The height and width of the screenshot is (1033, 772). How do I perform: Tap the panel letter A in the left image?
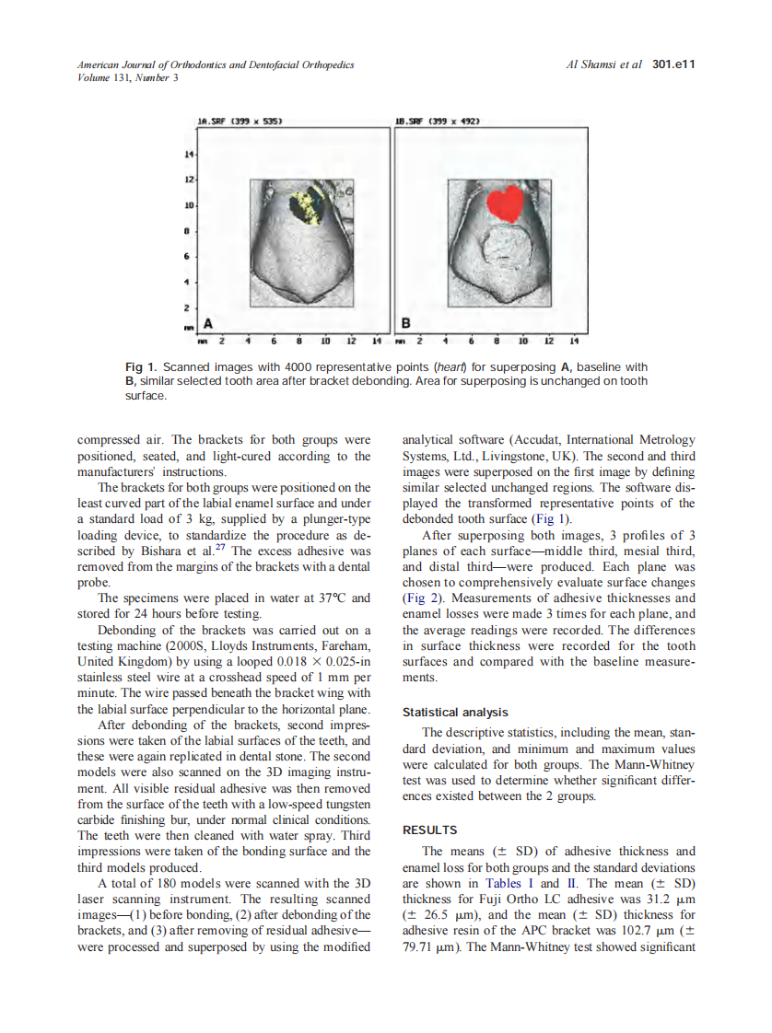[x=207, y=323]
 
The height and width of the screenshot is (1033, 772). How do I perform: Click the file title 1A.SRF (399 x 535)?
[x=239, y=121]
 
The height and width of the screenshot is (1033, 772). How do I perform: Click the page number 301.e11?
[x=673, y=64]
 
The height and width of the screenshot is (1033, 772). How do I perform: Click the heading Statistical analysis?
[x=455, y=712]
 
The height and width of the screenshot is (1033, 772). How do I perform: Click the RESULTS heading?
[x=429, y=830]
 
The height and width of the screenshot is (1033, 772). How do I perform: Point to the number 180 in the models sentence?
[x=158, y=883]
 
